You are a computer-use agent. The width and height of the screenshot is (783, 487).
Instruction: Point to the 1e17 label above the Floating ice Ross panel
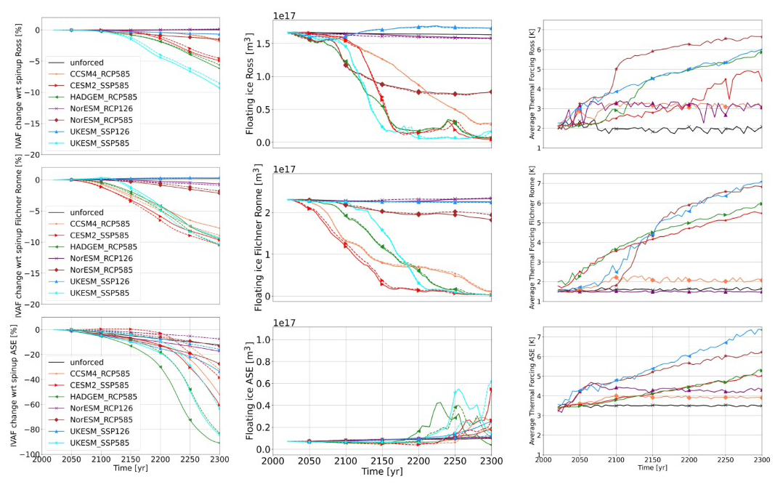(284, 15)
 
